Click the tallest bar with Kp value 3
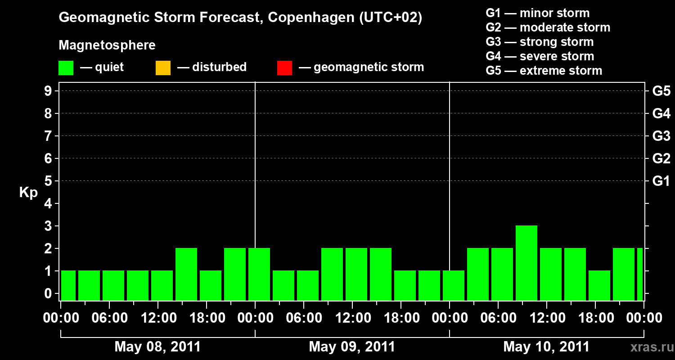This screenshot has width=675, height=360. click(x=526, y=262)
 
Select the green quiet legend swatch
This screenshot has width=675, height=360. click(x=66, y=68)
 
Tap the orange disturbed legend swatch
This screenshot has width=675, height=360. click(x=163, y=68)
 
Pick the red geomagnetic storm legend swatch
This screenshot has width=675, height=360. click(x=284, y=68)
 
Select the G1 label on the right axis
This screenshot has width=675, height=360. click(x=661, y=181)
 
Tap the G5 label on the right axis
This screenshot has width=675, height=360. click(x=661, y=91)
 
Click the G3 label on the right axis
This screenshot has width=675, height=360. click(x=661, y=136)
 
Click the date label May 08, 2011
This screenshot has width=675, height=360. click(x=157, y=347)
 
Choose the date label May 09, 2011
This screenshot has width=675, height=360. click(x=352, y=347)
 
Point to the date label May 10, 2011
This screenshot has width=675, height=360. click(x=546, y=347)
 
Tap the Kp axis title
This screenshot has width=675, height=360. click(x=28, y=193)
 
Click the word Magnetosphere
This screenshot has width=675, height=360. click(x=107, y=45)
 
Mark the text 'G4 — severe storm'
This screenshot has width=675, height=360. click(x=540, y=56)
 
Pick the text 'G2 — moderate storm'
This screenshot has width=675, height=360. click(x=548, y=27)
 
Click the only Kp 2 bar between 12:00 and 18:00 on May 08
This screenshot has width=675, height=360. click(x=186, y=274)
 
